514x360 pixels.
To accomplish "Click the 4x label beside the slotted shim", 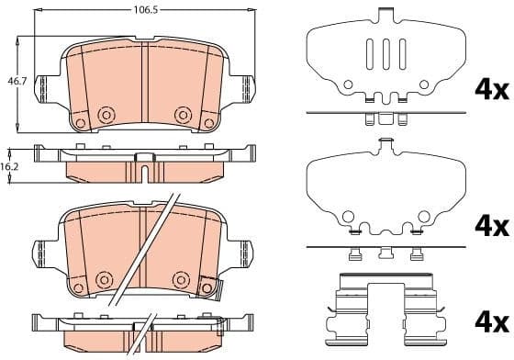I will [x=489, y=90].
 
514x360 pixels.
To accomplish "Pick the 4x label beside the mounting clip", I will [x=489, y=322].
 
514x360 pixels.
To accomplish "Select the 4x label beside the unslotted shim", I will [x=489, y=226].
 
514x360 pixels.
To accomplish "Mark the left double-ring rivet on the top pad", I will [x=106, y=115].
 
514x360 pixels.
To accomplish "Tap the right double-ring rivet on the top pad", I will [x=183, y=115].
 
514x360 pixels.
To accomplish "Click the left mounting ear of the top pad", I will [x=42, y=88].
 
